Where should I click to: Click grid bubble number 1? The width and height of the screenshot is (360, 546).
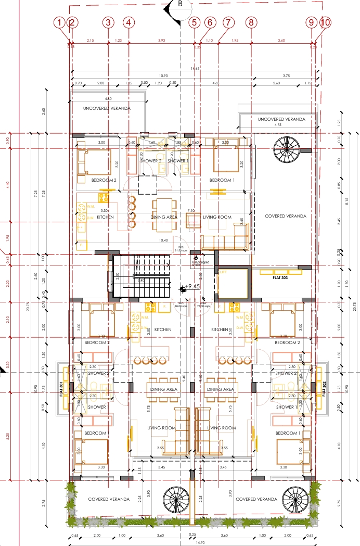tap(60, 22)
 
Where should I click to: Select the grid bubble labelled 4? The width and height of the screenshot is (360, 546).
tap(129, 22)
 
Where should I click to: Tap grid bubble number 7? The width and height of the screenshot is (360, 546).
tap(227, 22)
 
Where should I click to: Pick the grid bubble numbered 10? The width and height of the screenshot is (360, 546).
tap(326, 22)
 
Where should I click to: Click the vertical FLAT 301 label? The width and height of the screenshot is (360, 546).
tap(61, 389)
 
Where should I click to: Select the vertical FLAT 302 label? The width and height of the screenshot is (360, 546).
tap(324, 389)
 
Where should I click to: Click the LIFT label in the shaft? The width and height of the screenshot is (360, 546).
tap(223, 272)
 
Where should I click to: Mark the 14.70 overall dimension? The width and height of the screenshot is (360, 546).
tap(192, 542)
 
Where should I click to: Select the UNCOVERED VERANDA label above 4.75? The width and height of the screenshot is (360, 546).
tap(281, 119)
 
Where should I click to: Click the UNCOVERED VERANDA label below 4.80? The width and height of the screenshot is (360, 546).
tap(107, 108)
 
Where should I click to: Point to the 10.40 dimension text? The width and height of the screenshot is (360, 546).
tap(164, 240)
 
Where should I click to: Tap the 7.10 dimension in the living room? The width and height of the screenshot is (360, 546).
tap(191, 211)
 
